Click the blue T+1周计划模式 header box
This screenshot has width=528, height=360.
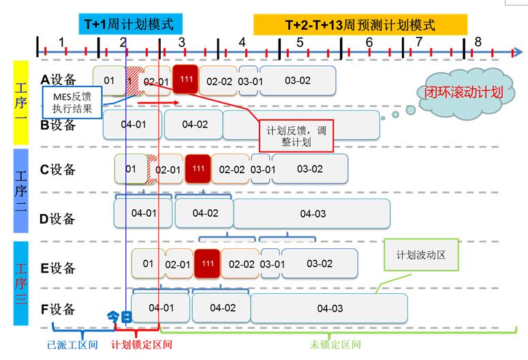[131, 24]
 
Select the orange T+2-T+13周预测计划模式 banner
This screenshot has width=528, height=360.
[360, 25]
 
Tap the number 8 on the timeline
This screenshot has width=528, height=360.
[478, 42]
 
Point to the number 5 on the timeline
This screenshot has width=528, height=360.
[300, 42]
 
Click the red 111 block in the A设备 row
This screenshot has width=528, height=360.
[185, 79]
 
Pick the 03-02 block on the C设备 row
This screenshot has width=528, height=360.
[310, 169]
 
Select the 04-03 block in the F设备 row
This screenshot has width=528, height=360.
[329, 308]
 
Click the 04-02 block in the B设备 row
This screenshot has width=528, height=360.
[194, 124]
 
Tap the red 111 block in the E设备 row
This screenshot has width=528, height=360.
[207, 263]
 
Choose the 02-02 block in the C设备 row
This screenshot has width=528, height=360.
[232, 169]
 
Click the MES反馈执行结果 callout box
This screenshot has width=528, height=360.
[72, 102]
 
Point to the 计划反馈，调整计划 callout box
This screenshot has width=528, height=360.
[296, 136]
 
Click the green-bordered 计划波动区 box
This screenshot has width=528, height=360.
[421, 255]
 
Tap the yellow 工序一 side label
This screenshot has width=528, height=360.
[21, 103]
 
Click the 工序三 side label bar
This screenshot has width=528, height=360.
[21, 283]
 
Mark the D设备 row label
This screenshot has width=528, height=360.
[57, 219]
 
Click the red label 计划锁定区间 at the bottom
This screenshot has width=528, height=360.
[142, 344]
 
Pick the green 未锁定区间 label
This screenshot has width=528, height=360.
[335, 344]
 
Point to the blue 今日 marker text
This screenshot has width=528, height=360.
[119, 317]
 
